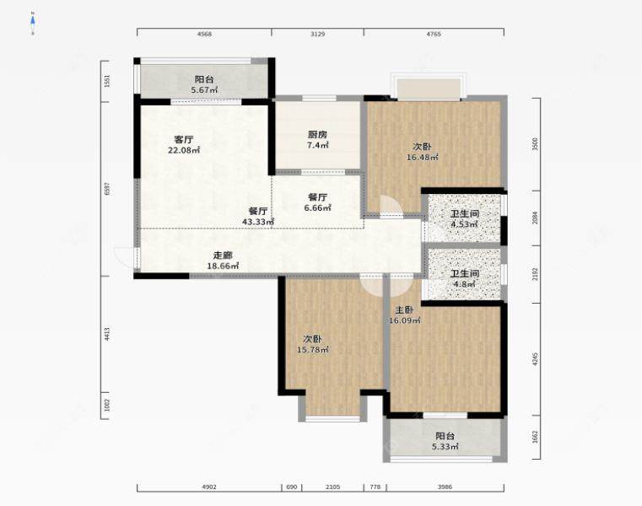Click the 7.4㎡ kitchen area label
pos(317,145)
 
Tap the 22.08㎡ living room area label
pos(184,150)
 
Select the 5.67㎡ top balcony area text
pos(203,90)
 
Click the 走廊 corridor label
pos(223,255)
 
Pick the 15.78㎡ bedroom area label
pos(313,349)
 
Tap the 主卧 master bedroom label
pos(402,310)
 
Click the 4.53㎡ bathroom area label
pos(464,224)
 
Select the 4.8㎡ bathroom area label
pos(464,284)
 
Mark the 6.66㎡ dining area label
pos(317,207)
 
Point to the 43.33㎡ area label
pos(258,222)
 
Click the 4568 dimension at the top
pos(204,35)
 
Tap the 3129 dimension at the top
pos(317,35)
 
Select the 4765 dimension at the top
pos(434,35)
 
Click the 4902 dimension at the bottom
pos(208,487)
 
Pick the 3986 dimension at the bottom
pos(445,487)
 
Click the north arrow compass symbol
pos(33,24)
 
